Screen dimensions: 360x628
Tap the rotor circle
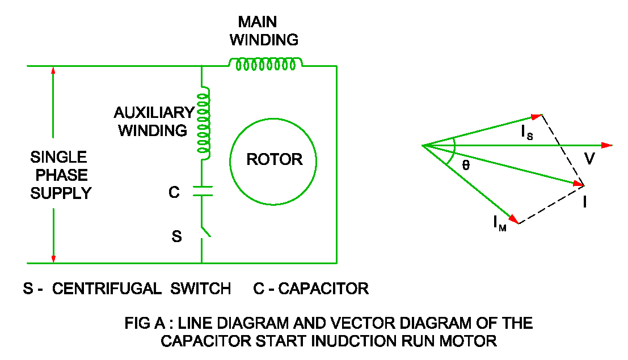pyautogui.click(x=273, y=160)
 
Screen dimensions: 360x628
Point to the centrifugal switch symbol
pyautogui.click(x=205, y=232)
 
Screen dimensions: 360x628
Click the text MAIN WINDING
pyautogui.click(x=267, y=31)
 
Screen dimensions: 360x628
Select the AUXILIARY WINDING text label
pyautogui.click(x=154, y=121)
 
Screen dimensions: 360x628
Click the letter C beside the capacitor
pyautogui.click(x=174, y=193)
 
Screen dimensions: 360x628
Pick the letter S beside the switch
pyautogui.click(x=176, y=236)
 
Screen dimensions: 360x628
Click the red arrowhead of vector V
pyautogui.click(x=606, y=146)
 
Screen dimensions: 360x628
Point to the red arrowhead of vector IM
pyautogui.click(x=513, y=219)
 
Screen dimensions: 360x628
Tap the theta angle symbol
pyautogui.click(x=466, y=164)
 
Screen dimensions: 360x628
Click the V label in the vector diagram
pyautogui.click(x=589, y=159)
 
